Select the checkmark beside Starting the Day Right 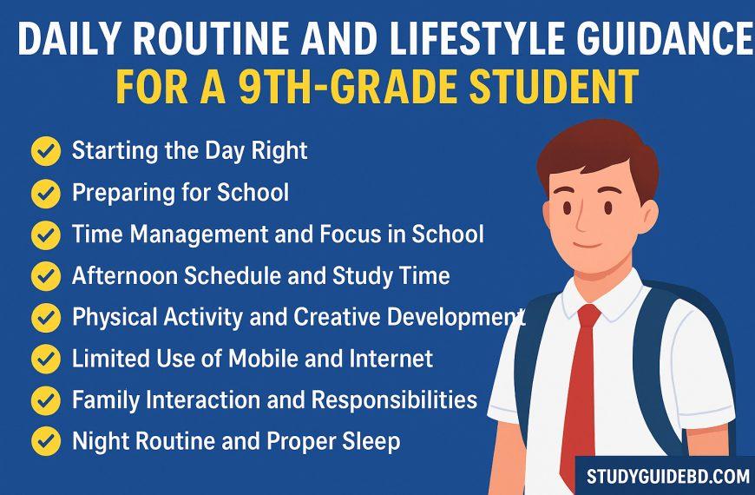point(45,151)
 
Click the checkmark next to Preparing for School point(45,193)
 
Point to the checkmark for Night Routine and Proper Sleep point(45,442)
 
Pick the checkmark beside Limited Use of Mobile point(45,359)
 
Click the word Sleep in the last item point(372,441)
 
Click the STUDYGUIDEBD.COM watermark point(667,476)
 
